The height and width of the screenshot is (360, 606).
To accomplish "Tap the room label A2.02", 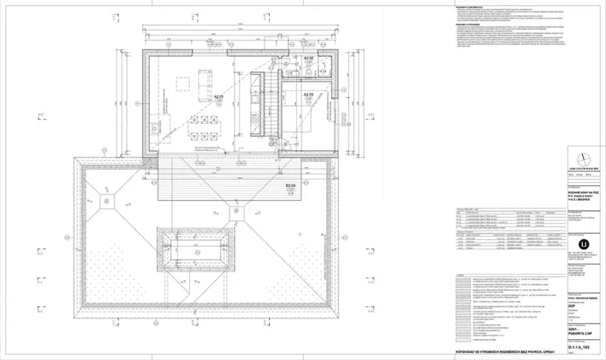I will point(308,58).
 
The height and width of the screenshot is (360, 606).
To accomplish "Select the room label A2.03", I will point(308,94).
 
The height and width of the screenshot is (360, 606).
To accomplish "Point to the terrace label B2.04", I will point(291,185).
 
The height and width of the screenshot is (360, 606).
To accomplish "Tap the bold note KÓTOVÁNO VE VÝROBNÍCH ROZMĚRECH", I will point(508,352).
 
